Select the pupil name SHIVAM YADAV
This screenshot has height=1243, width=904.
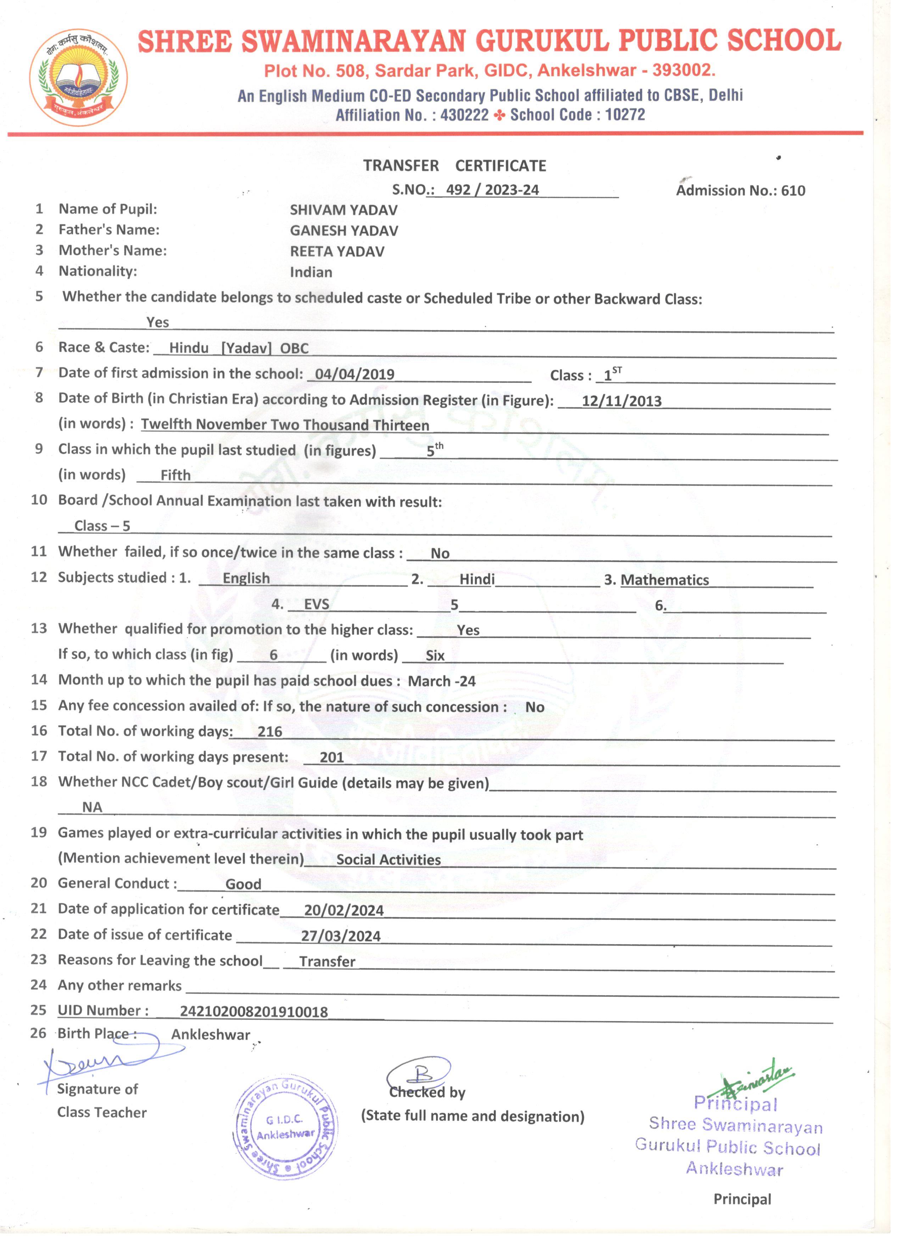[344, 210]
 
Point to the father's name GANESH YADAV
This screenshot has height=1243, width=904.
[344, 231]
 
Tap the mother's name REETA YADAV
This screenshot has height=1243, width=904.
[337, 252]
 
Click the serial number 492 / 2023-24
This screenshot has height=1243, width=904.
[492, 190]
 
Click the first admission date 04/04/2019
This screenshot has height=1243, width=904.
[355, 374]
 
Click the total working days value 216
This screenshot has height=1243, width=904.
[270, 732]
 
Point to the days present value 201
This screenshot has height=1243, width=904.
[332, 757]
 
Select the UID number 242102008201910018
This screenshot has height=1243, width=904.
[254, 1012]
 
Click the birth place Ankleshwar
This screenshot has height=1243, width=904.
[211, 1035]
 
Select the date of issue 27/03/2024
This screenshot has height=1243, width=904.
[340, 936]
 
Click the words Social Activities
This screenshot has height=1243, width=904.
[388, 860]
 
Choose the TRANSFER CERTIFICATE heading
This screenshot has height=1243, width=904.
[454, 166]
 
